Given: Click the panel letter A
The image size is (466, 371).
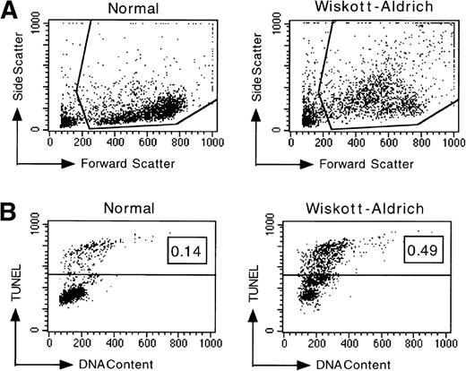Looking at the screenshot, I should point(9,10).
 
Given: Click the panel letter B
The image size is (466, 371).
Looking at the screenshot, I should point(9,211).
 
